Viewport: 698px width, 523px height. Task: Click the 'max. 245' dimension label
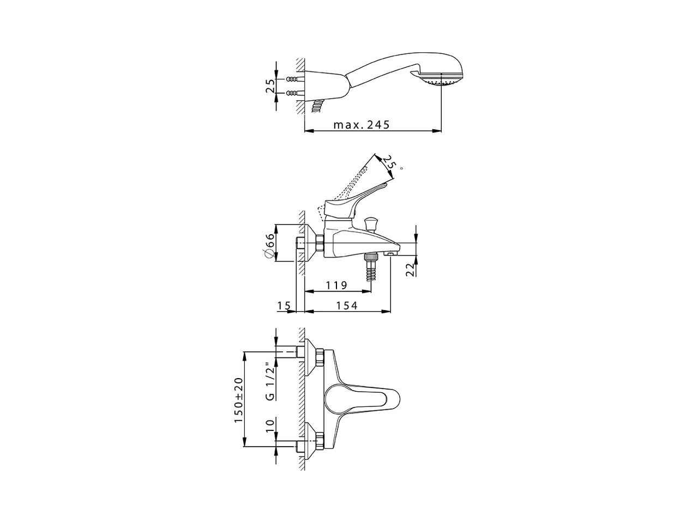[x=362, y=125]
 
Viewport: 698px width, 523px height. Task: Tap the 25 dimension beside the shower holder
[x=270, y=86]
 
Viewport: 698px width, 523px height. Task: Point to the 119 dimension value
[x=336, y=285]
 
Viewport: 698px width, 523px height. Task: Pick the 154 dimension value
[x=347, y=306]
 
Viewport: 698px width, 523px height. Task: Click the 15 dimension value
[x=284, y=306]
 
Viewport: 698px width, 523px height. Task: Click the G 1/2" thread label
[x=269, y=381]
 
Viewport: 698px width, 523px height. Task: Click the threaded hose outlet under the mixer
[x=372, y=269]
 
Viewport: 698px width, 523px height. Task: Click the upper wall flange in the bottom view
[x=311, y=357]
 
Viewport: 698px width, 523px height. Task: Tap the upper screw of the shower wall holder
[x=293, y=79]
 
